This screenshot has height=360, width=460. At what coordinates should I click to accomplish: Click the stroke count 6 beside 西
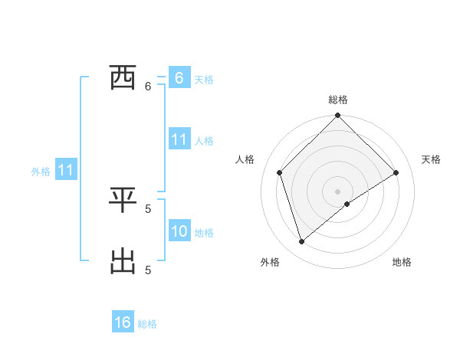tap(148, 87)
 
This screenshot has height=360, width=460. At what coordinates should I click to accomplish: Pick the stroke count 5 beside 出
tap(148, 270)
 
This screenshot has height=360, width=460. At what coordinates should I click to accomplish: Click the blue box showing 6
tap(179, 77)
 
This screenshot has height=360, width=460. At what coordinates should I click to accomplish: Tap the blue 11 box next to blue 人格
tap(179, 139)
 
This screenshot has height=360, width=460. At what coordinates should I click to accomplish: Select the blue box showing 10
tap(179, 231)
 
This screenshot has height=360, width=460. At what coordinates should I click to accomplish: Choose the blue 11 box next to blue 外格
tap(65, 171)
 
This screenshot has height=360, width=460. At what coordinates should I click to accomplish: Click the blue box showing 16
tap(123, 322)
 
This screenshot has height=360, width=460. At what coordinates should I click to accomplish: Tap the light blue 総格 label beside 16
tap(147, 324)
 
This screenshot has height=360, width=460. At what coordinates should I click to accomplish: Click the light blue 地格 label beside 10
tap(204, 232)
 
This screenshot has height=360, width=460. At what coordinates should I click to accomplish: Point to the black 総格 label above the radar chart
tap(338, 100)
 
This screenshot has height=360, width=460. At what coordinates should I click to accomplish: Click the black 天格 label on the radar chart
tap(432, 159)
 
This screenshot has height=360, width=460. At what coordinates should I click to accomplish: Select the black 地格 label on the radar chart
tap(402, 262)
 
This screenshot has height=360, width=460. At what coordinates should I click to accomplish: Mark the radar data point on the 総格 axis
tap(338, 116)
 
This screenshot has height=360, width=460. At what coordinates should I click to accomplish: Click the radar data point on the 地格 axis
tap(347, 204)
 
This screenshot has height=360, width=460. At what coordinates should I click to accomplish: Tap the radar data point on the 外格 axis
tap(302, 242)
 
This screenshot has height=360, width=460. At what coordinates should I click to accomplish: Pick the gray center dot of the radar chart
tap(338, 191)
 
